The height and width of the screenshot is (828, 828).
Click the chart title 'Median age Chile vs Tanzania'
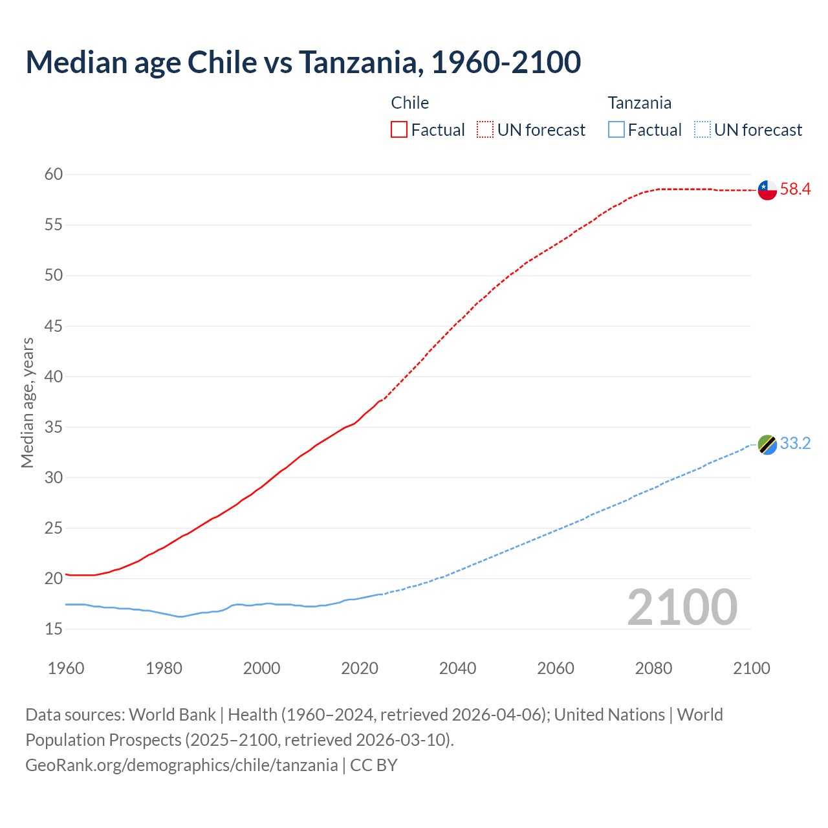tap(303, 62)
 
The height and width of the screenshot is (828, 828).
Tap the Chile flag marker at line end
tap(767, 190)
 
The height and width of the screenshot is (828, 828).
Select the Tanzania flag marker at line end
tap(767, 444)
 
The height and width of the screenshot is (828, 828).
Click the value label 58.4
tap(795, 190)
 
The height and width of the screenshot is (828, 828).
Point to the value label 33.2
tap(795, 444)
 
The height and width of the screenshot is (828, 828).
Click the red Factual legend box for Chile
tap(399, 130)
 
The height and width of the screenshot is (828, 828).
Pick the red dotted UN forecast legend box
tap(485, 130)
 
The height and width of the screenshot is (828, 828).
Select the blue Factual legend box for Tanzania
tap(616, 130)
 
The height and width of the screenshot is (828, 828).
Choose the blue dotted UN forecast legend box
tap(703, 130)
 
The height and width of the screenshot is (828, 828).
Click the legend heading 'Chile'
tap(410, 103)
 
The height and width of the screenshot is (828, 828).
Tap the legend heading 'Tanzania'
tap(639, 103)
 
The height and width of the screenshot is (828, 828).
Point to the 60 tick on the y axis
tap(54, 175)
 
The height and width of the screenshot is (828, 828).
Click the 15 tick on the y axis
tap(54, 629)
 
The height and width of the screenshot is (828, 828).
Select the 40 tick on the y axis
tap(54, 376)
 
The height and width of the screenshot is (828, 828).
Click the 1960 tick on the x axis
tap(66, 668)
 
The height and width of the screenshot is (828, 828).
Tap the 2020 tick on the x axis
tap(360, 668)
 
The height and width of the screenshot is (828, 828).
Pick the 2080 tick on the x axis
tap(653, 668)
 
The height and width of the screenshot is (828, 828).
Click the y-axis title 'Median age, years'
tap(27, 402)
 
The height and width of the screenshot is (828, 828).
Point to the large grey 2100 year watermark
tap(682, 607)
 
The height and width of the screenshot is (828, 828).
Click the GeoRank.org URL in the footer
tap(181, 765)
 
